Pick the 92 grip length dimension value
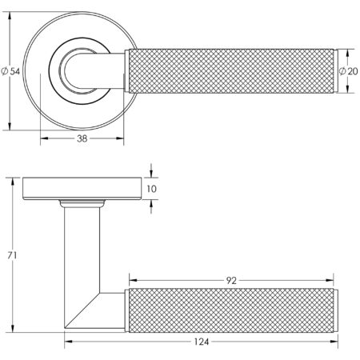(231, 281)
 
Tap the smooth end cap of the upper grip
(333, 71)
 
